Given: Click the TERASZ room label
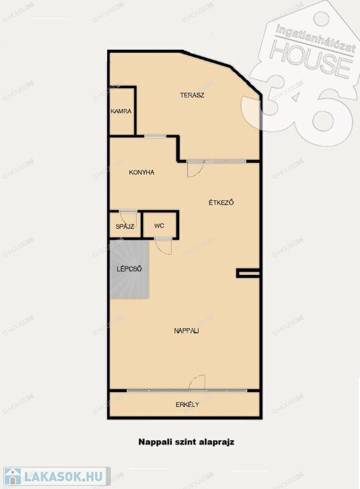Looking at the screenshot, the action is click(x=192, y=95).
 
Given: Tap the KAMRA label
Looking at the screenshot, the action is click(x=121, y=111).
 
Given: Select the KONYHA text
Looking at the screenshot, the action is click(x=141, y=172).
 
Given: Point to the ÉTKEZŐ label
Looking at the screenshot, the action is click(x=221, y=202).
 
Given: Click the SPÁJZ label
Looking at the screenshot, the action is click(x=125, y=227).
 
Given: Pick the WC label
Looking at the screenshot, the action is click(x=159, y=225).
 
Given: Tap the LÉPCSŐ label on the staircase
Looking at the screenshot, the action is click(x=129, y=269).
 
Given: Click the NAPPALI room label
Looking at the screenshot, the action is click(x=187, y=331).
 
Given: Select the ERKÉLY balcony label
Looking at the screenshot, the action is click(x=187, y=404).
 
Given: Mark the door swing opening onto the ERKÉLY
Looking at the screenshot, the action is click(x=197, y=382).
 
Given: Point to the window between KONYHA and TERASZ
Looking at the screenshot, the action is click(x=155, y=136).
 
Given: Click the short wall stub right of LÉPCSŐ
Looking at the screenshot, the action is click(x=248, y=274).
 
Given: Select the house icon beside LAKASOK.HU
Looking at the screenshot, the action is click(x=13, y=476).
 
